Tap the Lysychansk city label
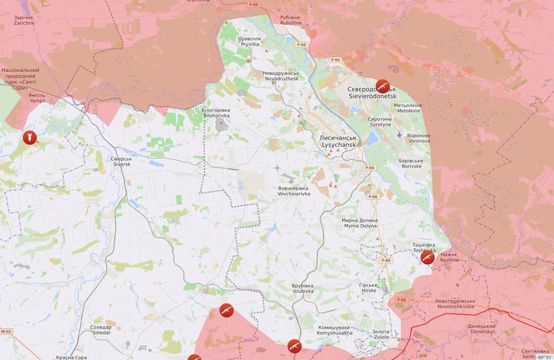coord(338,142)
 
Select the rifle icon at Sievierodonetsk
coord(384,86)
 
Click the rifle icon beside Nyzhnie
coord(428,258)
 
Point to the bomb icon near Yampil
coord(28,138)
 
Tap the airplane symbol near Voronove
coord(399,134)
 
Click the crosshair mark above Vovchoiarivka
coord(277,168)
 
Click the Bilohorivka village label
coord(216,113)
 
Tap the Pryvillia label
coord(249,41)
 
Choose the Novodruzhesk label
coord(281,76)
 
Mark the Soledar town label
coord(100,330)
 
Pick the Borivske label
coord(412,163)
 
